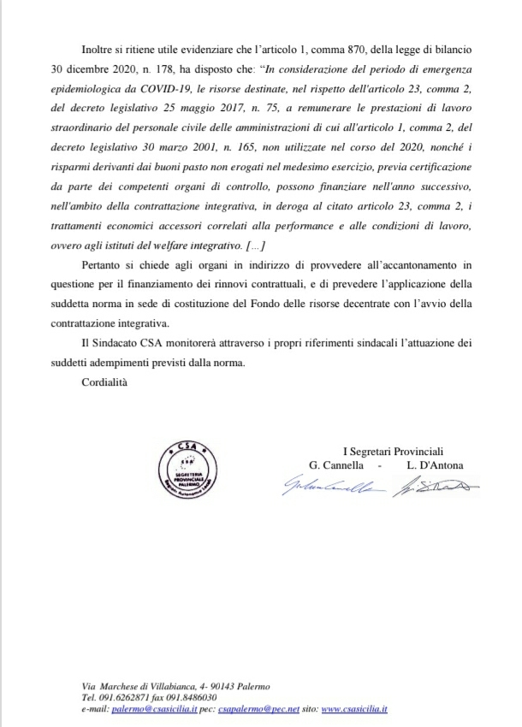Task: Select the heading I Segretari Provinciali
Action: tap(394, 452)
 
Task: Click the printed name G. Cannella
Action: tap(339, 465)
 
